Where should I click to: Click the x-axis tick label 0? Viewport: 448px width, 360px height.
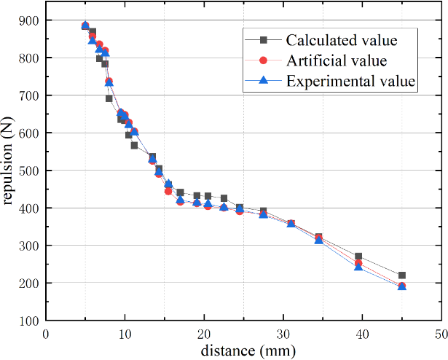tap(46, 333)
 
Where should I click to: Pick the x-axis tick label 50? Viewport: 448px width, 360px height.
tap(441, 333)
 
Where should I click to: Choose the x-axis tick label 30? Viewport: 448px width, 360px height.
tap(283, 333)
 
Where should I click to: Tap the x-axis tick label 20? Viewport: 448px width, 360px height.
tap(204, 333)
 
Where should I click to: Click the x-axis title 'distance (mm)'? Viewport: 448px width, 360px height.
tap(243, 351)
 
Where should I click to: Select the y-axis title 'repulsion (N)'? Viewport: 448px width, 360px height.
tap(10, 171)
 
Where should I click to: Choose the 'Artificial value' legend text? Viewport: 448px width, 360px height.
tap(337, 60)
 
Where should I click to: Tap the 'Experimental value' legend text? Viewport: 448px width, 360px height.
tap(351, 80)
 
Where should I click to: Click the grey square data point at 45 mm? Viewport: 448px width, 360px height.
tap(402, 275)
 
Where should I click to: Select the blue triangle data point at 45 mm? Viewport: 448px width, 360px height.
tap(402, 286)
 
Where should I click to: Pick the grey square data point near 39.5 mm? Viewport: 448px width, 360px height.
tap(358, 257)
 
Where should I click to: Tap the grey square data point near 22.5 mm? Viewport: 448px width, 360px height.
tap(224, 198)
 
